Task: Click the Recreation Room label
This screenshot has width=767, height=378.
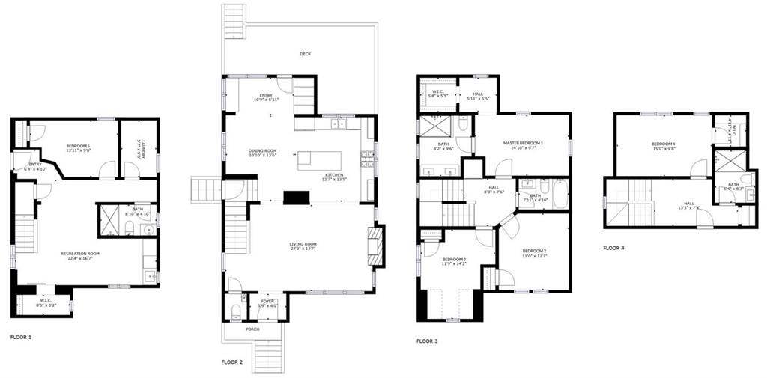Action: click(80, 254)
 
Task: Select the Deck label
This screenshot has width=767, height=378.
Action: click(305, 54)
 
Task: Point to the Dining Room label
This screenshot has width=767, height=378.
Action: click(263, 150)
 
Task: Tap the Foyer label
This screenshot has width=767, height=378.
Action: click(268, 302)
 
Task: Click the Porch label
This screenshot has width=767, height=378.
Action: click(253, 329)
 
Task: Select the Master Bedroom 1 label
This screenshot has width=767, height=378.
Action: click(523, 142)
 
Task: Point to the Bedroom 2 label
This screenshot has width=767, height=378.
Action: click(534, 251)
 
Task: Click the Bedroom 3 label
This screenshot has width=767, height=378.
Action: click(454, 259)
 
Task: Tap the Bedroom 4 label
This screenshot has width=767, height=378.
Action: click(664, 144)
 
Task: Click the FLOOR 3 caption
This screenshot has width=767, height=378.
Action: click(427, 341)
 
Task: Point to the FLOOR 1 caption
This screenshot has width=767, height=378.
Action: click(21, 337)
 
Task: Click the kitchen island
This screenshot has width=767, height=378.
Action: click(319, 160)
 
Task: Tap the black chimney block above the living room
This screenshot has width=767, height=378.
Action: click(296, 196)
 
